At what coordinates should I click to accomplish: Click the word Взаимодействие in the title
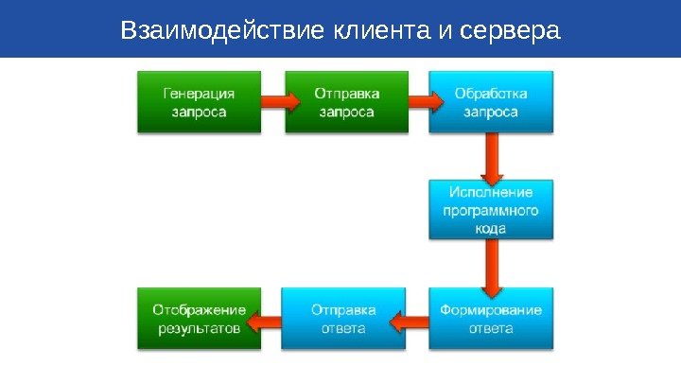click(x=223, y=31)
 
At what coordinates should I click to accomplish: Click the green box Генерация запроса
click(x=200, y=102)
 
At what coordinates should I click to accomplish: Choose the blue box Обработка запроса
click(x=491, y=102)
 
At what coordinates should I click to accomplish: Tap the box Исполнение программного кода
click(x=491, y=209)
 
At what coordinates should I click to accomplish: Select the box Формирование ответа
click(x=491, y=318)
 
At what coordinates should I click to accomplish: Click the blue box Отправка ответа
click(x=344, y=318)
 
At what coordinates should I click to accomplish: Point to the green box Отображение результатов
click(x=200, y=318)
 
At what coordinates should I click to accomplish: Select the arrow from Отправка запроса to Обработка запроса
click(x=418, y=100)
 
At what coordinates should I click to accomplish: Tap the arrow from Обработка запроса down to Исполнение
click(x=491, y=158)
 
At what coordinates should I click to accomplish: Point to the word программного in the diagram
click(x=491, y=210)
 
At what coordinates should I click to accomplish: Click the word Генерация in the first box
click(x=200, y=94)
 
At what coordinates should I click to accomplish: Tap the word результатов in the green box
click(x=200, y=328)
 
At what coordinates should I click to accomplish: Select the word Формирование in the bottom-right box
click(x=491, y=309)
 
